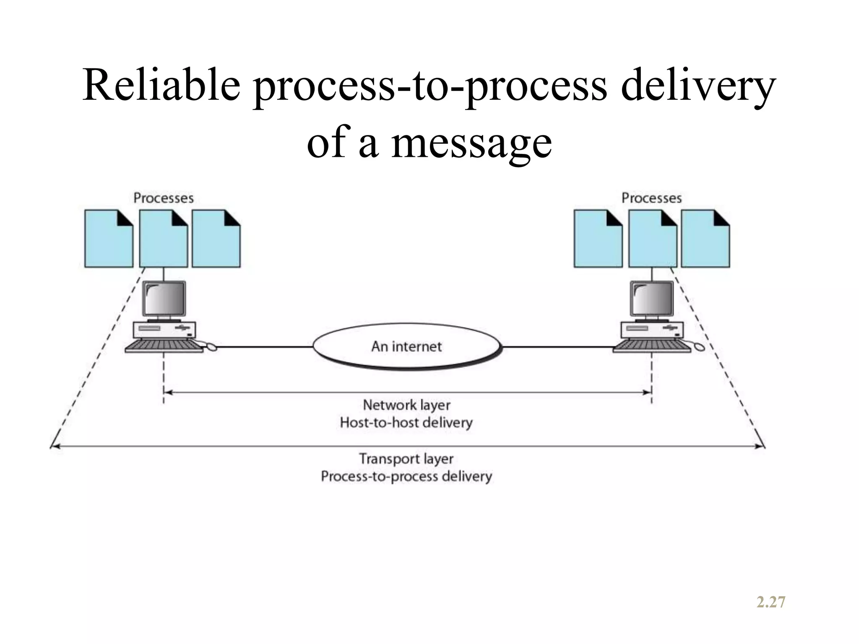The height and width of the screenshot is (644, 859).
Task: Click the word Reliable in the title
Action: [x=161, y=86]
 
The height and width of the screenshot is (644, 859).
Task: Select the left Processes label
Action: [x=164, y=198]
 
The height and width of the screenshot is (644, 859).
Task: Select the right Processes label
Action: [x=651, y=198]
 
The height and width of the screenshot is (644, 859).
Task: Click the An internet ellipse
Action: [x=406, y=346]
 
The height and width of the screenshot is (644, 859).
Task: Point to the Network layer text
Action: [x=406, y=405]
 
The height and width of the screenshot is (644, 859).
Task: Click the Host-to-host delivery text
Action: [x=406, y=422]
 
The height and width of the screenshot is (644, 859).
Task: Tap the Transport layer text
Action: [x=406, y=459]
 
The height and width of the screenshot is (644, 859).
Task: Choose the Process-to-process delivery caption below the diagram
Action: [x=406, y=476]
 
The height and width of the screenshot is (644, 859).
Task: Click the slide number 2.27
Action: [x=771, y=602]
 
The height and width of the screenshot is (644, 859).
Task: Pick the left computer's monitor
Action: [x=164, y=299]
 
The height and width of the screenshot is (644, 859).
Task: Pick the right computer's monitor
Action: [x=652, y=299]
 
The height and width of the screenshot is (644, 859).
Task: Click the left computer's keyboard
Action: [x=164, y=346]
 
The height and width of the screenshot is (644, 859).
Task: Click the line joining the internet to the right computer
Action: [x=558, y=347]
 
